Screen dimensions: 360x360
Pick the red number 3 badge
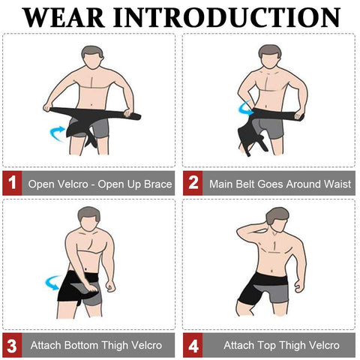tap(11, 346)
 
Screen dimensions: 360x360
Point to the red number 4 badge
tap(192, 346)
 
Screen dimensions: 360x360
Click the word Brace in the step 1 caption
tap(157, 184)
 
